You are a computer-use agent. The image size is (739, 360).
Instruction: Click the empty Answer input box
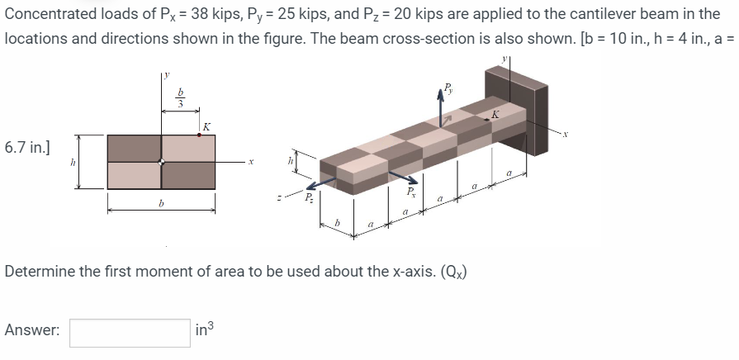[130, 333]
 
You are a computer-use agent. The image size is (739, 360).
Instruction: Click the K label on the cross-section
[206, 126]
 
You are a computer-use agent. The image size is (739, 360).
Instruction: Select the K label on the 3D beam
[495, 115]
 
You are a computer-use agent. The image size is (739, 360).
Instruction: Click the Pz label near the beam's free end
[307, 199]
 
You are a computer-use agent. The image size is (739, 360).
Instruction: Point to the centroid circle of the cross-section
[162, 162]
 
